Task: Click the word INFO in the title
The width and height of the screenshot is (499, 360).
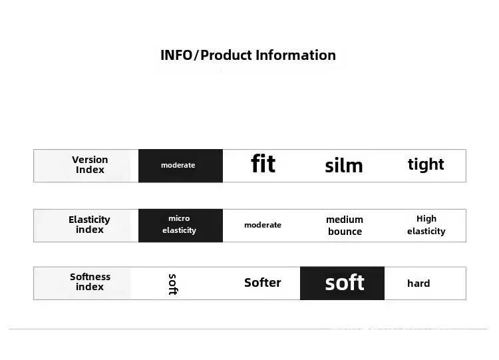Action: [x=176, y=55]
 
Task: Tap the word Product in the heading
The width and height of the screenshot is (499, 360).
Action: [x=226, y=55]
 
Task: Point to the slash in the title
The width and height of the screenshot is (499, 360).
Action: [x=196, y=55]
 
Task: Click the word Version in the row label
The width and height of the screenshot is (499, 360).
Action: [x=90, y=160]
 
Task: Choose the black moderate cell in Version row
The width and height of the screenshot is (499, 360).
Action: [x=180, y=166]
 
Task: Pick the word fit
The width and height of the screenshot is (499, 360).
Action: [x=263, y=164]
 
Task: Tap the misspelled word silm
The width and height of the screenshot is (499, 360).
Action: [x=344, y=166]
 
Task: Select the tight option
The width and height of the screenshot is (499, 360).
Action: [x=426, y=164]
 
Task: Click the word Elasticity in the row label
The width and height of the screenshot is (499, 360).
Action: [x=89, y=220]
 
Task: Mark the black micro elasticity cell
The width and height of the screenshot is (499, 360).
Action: [x=180, y=226]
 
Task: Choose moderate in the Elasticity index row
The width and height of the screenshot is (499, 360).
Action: [x=263, y=225]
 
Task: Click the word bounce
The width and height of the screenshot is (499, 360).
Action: [x=345, y=232]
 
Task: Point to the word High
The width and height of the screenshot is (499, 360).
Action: [x=426, y=219]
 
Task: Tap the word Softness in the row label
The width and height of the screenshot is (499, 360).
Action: [x=90, y=277]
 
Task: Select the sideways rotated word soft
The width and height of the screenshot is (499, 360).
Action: [x=173, y=284]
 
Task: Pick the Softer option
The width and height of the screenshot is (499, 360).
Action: [x=263, y=283]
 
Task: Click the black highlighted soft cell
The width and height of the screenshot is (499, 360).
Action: [x=342, y=283]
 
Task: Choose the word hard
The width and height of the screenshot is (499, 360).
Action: [x=418, y=283]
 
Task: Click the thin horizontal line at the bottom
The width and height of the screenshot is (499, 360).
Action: [x=248, y=329]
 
